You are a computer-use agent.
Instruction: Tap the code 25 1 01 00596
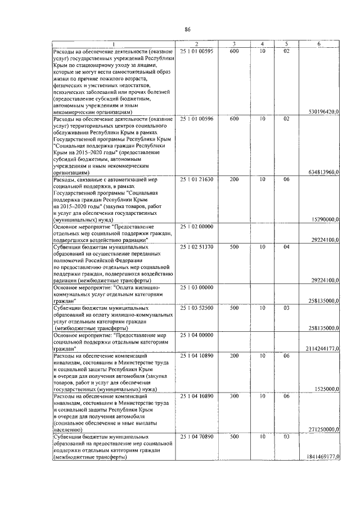[x=196, y=119]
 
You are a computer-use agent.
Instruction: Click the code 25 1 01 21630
[x=196, y=179]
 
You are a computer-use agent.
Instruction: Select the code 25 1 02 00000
[x=196, y=226]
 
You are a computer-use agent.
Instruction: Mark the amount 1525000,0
[x=327, y=389]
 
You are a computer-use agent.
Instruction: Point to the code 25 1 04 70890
[x=196, y=436]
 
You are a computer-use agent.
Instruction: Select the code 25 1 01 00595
[x=196, y=51]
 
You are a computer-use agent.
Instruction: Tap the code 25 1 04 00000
[x=196, y=335]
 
